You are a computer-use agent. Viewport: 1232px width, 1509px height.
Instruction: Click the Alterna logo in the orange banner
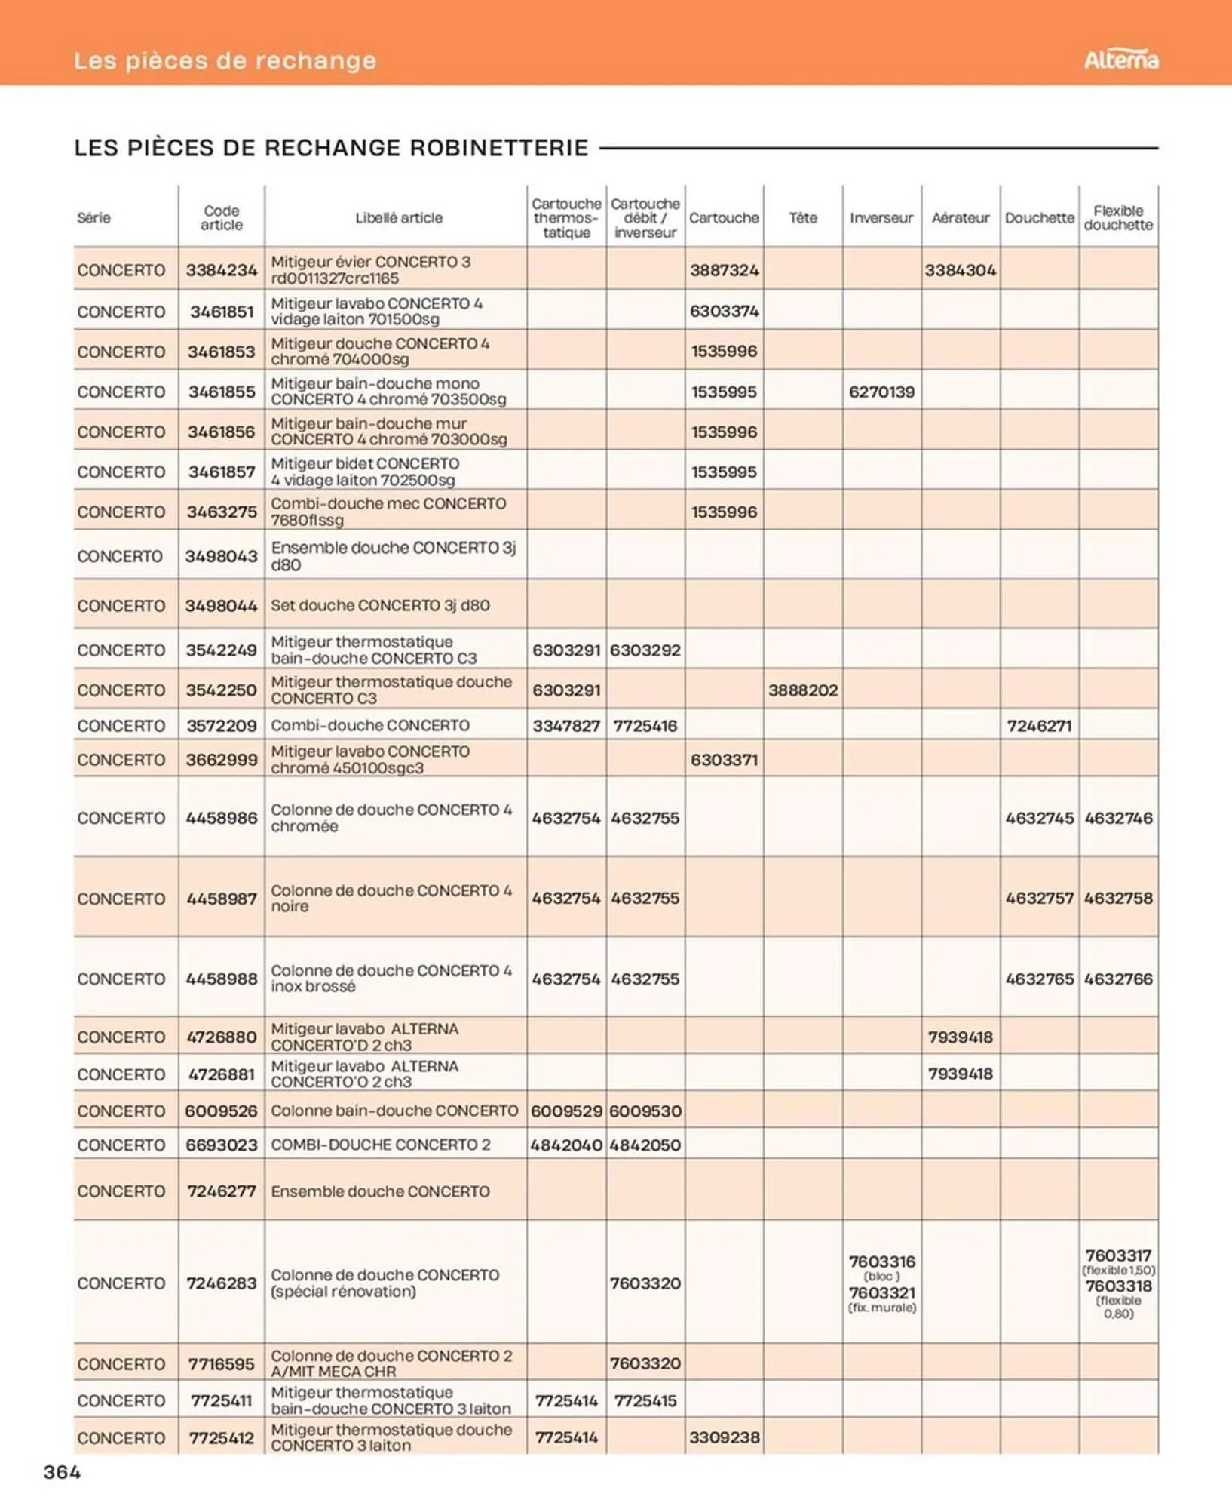[x=1120, y=60]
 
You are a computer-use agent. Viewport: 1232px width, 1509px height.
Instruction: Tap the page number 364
[x=63, y=1471]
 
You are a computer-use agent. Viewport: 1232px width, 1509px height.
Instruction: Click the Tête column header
[x=803, y=217]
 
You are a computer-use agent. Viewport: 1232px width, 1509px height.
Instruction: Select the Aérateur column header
[x=960, y=217]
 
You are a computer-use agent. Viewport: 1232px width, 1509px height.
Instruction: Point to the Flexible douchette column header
[x=1118, y=217]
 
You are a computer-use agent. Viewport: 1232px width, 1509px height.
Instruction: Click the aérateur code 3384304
[x=960, y=270]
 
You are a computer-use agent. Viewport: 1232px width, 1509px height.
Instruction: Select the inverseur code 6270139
[x=881, y=392]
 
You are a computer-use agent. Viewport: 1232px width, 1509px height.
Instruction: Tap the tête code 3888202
[x=803, y=690]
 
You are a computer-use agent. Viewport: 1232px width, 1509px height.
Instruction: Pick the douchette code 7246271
[x=1039, y=726]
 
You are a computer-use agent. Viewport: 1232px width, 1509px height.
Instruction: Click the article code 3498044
[x=221, y=605]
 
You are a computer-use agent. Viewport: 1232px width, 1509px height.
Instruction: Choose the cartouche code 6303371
[x=724, y=760]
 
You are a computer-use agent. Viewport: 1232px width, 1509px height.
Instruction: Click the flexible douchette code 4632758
[x=1118, y=898]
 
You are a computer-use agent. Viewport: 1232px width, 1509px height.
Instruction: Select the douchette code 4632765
[x=1039, y=979]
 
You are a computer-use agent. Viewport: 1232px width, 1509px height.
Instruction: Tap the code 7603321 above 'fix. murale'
[x=881, y=1292]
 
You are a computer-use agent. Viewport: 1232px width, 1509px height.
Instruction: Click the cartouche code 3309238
[x=724, y=1437]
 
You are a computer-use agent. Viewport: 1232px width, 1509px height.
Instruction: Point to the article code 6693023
[x=221, y=1145]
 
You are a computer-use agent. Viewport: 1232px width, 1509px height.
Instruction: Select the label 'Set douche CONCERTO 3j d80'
[x=380, y=605]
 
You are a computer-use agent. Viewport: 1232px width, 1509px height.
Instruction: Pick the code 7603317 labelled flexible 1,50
[x=1118, y=1255]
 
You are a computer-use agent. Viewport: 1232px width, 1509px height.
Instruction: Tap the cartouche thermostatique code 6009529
[x=566, y=1111]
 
